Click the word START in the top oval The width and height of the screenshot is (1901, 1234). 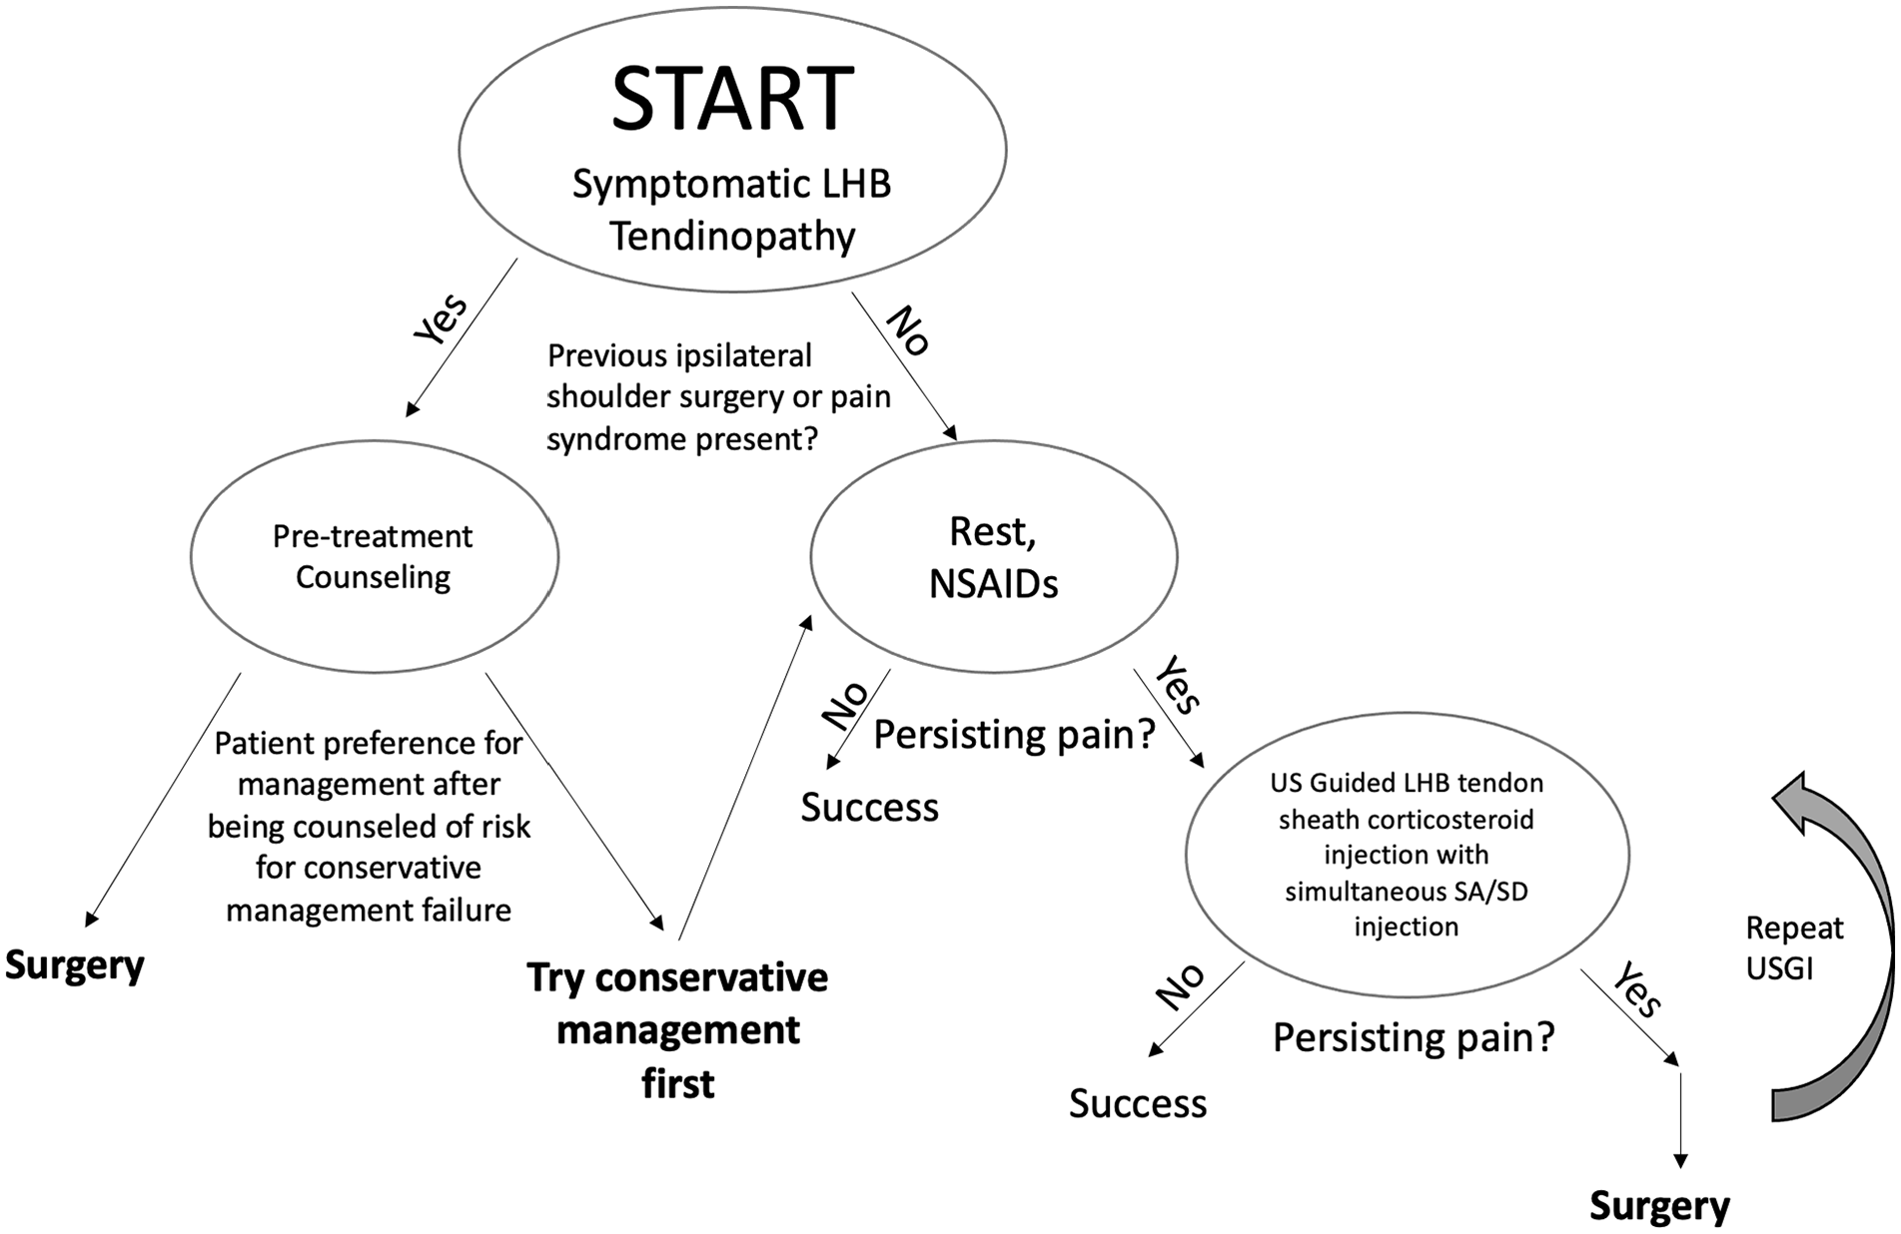732,98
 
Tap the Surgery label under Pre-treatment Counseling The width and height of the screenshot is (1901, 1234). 75,965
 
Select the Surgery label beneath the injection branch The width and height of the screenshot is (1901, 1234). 1659,1206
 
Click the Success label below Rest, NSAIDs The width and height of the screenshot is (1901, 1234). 869,808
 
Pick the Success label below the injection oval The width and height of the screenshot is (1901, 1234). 1138,1103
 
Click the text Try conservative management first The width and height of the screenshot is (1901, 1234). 677,1030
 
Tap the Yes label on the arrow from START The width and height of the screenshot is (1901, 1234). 441,319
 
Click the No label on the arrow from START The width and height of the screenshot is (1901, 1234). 909,330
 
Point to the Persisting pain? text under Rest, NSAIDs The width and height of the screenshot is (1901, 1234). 1014,735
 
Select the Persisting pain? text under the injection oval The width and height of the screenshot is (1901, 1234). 1414,1038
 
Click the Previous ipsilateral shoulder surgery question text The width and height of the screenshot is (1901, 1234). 718,397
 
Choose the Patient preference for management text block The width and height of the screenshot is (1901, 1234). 369,827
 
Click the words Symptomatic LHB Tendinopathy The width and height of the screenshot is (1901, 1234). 732,210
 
